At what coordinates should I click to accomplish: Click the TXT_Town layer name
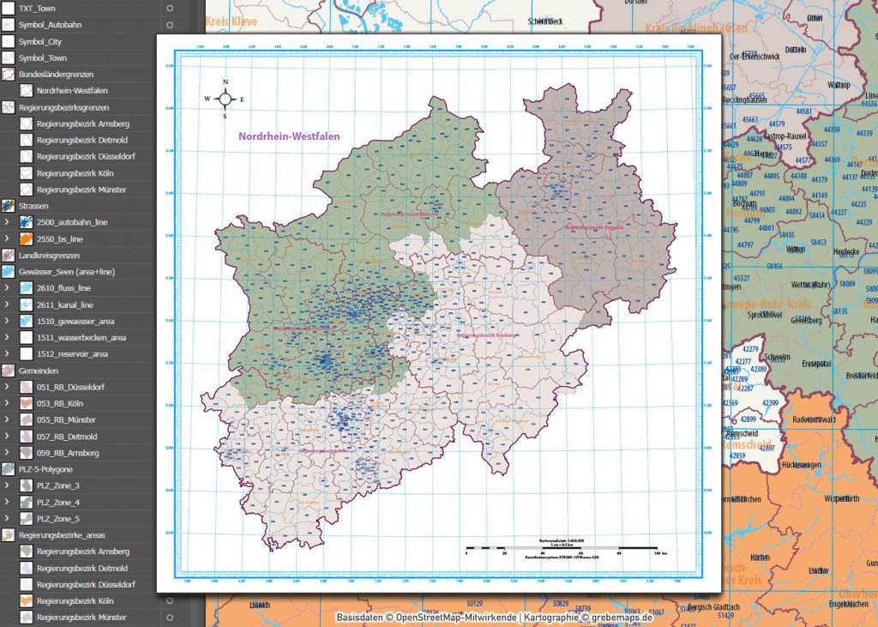[37, 8]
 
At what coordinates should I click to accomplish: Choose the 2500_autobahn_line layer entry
[71, 222]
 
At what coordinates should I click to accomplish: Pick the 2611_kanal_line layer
[64, 304]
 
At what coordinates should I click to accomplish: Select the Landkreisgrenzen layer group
[49, 255]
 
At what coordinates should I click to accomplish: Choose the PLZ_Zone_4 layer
[58, 503]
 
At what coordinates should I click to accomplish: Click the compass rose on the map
[225, 99]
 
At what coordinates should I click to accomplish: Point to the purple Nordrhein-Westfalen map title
[289, 136]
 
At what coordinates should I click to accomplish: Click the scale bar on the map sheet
[562, 546]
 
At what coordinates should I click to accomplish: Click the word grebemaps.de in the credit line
[622, 617]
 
